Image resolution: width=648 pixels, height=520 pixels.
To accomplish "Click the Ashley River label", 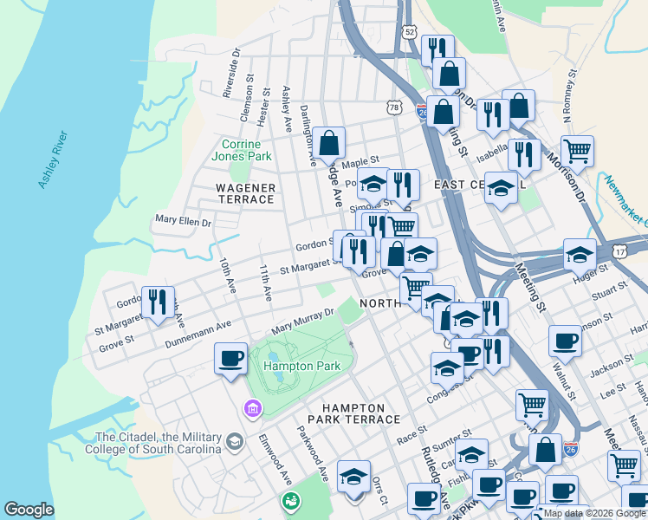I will [53, 159].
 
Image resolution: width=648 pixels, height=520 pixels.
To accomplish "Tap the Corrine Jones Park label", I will [247, 150].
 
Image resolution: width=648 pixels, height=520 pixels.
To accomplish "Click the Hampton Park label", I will [300, 366].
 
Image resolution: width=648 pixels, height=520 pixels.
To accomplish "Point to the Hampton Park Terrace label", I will [361, 413].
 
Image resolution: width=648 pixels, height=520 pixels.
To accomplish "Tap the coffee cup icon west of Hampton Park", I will [231, 357].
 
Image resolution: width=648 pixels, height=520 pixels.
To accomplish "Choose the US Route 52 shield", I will [409, 31].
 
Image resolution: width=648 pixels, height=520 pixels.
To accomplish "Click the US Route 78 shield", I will [395, 107].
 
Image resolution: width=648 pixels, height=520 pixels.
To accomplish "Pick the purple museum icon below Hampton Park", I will [253, 407].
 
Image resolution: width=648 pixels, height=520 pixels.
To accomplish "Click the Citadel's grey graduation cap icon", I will [234, 443].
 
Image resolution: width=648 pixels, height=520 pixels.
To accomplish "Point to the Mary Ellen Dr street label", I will [183, 222].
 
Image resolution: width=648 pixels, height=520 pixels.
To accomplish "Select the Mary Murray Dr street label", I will [302, 321].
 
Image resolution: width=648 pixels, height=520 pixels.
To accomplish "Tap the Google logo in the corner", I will [29, 510].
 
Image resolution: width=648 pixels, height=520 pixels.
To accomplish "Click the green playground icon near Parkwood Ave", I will [291, 501].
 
